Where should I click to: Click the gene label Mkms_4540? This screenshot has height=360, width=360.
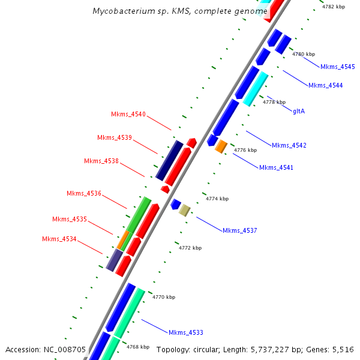pyautogui.click(x=128, y=114)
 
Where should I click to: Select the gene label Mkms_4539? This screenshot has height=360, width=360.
pyautogui.click(x=115, y=137)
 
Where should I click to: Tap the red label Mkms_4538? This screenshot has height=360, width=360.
pyautogui.click(x=101, y=161)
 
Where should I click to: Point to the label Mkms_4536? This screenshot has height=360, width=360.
pyautogui.click(x=84, y=193)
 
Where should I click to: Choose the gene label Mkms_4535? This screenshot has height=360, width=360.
pyautogui.click(x=70, y=219)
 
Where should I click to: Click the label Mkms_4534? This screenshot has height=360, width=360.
pyautogui.click(x=59, y=239)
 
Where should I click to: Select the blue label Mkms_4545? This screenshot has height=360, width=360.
pyautogui.click(x=337, y=67)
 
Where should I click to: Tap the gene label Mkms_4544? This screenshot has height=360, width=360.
pyautogui.click(x=325, y=85)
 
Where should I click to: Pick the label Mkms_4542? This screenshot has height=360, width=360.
pyautogui.click(x=289, y=145)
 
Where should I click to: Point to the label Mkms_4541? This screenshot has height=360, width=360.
pyautogui.click(x=276, y=167)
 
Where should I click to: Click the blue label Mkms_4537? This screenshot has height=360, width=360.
pyautogui.click(x=240, y=230)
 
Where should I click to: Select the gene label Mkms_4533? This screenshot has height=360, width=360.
pyautogui.click(x=186, y=332)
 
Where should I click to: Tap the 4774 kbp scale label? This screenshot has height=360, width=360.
pyautogui.click(x=217, y=199)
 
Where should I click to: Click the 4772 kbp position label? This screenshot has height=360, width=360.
pyautogui.click(x=190, y=247)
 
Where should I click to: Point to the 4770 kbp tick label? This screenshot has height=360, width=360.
pyautogui.click(x=164, y=297)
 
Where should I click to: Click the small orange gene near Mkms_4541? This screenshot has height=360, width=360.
pyautogui.click(x=221, y=146)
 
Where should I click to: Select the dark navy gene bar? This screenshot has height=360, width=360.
pyautogui.click(x=169, y=160)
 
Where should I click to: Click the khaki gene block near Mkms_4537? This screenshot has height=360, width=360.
pyautogui.click(x=185, y=210)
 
